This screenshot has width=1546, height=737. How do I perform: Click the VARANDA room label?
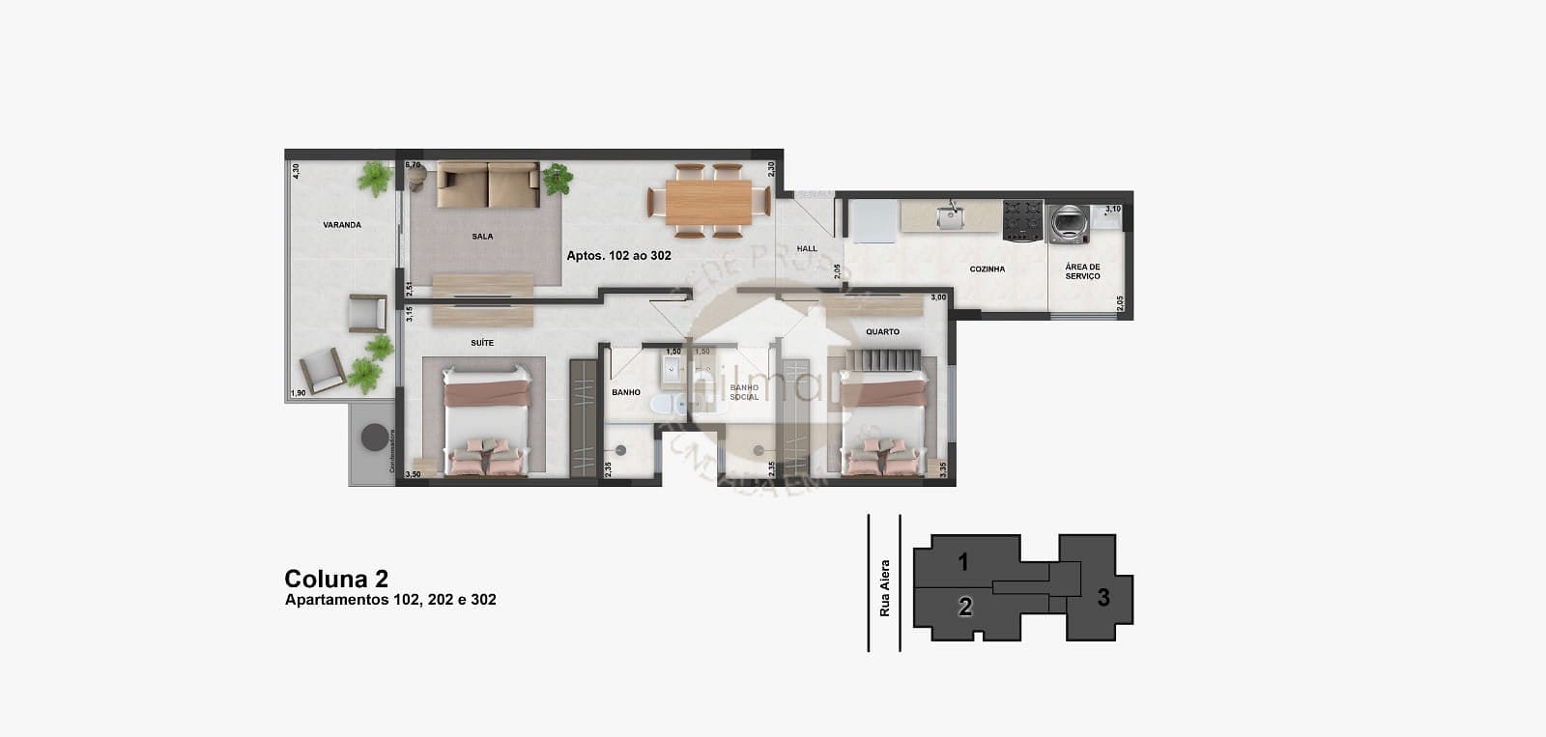pos(342,225)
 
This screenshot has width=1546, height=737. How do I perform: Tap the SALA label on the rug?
pos(482,237)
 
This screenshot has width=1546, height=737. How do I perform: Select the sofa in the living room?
pos(488,184)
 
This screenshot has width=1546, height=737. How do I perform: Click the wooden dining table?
pos(708,202)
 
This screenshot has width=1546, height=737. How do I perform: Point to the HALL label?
pos(807,249)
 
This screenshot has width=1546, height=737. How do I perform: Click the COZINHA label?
pos(988,269)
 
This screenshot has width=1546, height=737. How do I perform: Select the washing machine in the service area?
pos(1070,222)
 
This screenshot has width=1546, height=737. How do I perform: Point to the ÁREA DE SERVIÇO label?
pos(1082,271)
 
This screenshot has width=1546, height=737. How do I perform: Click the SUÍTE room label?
pos(482,343)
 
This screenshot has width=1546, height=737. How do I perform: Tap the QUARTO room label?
pos(882,332)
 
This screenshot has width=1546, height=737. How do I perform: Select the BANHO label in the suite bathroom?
pos(626,393)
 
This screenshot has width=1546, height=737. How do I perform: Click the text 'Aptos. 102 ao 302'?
pos(618,256)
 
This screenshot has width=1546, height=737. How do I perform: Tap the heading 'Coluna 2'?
pos(336,579)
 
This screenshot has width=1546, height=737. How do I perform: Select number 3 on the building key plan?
pos(1103,598)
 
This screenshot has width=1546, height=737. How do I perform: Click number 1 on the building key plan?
pos(963,561)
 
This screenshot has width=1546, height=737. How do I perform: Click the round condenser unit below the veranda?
pos(373,438)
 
